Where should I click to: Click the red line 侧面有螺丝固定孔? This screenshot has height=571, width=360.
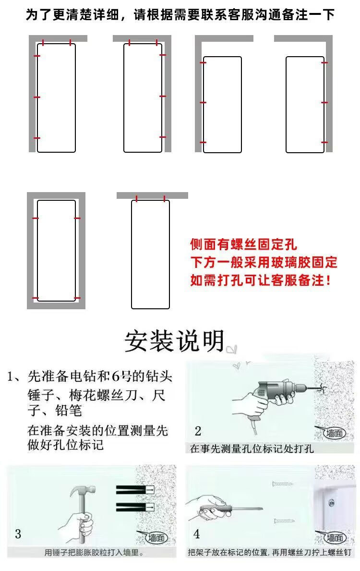[x=243, y=245]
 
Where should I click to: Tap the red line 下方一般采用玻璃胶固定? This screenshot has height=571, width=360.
[x=264, y=263]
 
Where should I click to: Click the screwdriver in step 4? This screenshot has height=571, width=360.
[x=226, y=507]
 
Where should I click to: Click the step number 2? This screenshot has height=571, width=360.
[x=198, y=430]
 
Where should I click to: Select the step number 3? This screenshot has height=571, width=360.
[x=18, y=534]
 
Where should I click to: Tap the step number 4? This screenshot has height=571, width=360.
[x=197, y=534]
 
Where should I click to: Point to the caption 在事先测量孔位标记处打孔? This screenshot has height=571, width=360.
[x=252, y=449]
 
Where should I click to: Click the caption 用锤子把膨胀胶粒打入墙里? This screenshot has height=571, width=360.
[x=95, y=553]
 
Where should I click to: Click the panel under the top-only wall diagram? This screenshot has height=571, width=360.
[x=150, y=254]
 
